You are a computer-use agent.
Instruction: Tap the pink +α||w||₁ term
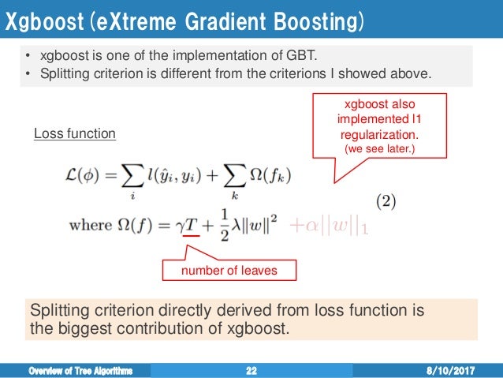(x=329, y=227)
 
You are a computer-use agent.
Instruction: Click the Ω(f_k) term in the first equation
(x=277, y=174)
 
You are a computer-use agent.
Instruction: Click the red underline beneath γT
(x=190, y=236)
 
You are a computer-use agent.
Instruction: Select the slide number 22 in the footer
(x=251, y=369)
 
